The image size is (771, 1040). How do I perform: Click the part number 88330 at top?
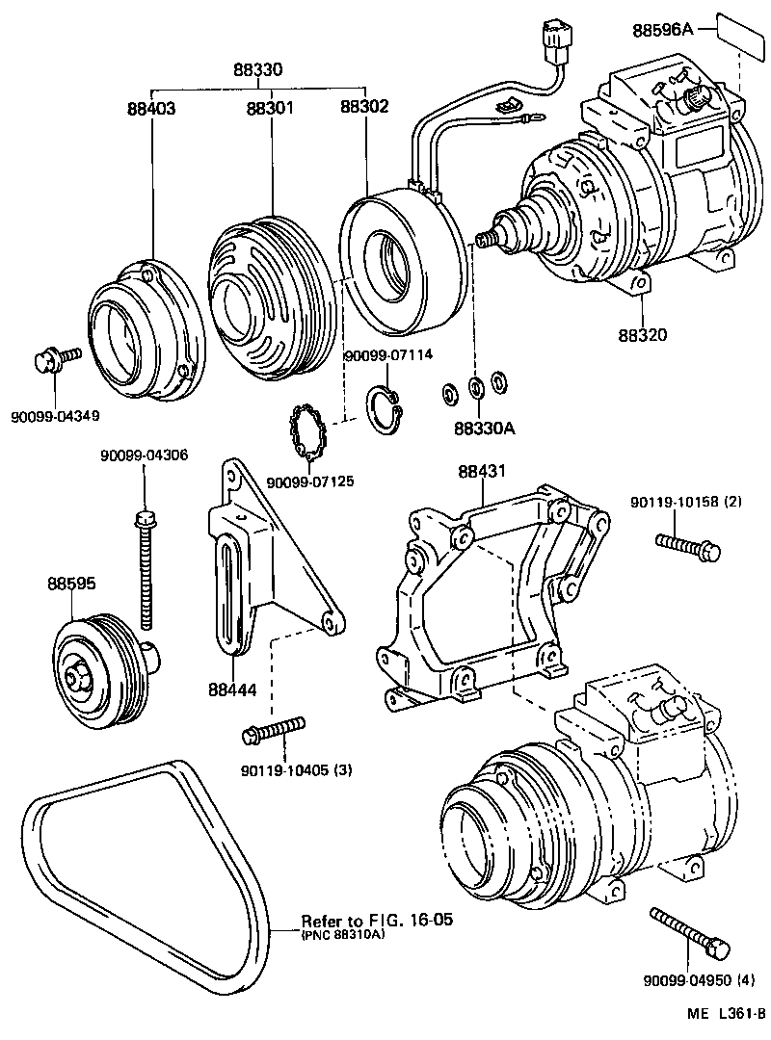(257, 70)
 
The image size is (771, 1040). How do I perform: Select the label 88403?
(151, 109)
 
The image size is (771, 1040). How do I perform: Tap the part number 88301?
(270, 109)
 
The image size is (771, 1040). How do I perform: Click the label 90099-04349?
(56, 416)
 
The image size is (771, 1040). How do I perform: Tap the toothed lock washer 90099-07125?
(310, 434)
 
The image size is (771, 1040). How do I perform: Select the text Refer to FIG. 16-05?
(377, 920)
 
